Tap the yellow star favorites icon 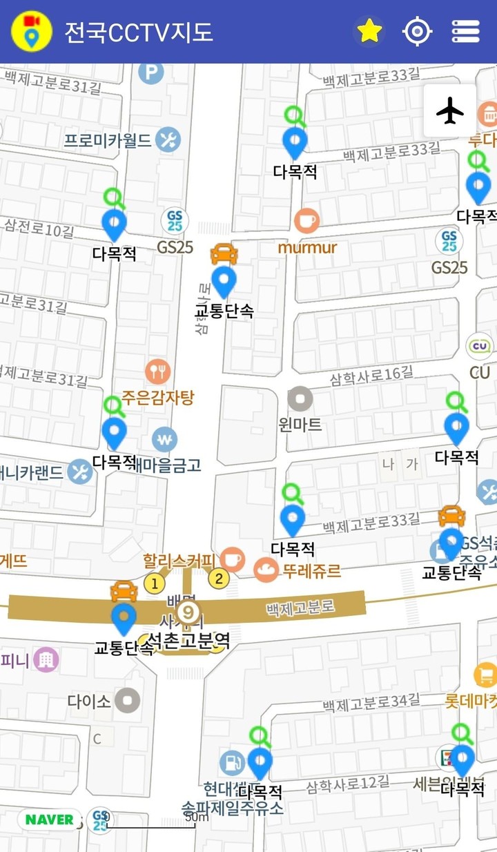click(369, 31)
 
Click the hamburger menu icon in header click(465, 31)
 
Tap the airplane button click(450, 110)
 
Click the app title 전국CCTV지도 click(138, 32)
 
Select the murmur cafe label click(307, 247)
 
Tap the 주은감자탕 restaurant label click(158, 398)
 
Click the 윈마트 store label click(300, 424)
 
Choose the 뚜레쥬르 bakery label click(312, 571)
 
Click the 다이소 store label click(89, 701)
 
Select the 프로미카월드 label click(108, 141)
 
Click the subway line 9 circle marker click(187, 612)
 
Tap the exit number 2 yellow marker click(219, 579)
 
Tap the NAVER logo click(49, 820)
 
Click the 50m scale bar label click(197, 817)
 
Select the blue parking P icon click(150, 72)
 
